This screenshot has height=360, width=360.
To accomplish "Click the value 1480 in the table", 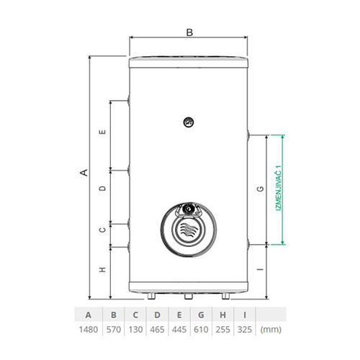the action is (x=89, y=330).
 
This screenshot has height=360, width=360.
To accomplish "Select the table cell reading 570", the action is (x=114, y=330).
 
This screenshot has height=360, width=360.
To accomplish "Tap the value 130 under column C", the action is (x=135, y=330).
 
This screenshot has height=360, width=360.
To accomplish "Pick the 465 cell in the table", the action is (x=157, y=330).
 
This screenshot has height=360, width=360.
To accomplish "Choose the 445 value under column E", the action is (x=179, y=330).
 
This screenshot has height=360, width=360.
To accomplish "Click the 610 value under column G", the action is (x=201, y=330).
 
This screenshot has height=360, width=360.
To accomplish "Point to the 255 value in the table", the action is (x=222, y=330).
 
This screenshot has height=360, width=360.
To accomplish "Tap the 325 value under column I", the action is (x=245, y=330).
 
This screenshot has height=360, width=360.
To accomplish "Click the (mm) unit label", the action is (x=271, y=330).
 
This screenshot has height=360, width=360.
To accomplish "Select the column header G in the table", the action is (x=201, y=315).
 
